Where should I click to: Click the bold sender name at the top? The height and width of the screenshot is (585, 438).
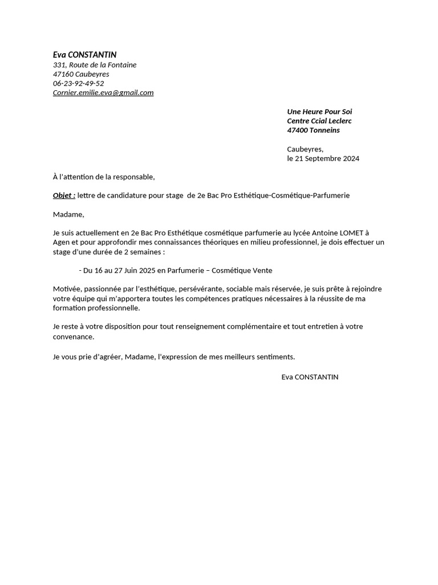(84, 55)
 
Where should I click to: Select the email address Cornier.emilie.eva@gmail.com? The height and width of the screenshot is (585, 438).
(103, 93)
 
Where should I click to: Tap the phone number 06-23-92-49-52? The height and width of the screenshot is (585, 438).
(78, 83)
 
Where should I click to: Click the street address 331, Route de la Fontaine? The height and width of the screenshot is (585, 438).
(95, 65)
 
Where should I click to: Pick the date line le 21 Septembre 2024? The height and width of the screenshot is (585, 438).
(323, 159)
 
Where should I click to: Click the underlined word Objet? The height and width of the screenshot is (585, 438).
(63, 195)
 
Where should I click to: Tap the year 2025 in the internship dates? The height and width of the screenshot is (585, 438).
(147, 270)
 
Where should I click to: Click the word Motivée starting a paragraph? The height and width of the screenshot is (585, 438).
(67, 289)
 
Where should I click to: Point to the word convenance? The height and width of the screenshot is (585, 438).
(75, 336)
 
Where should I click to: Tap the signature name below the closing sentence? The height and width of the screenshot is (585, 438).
(310, 377)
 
